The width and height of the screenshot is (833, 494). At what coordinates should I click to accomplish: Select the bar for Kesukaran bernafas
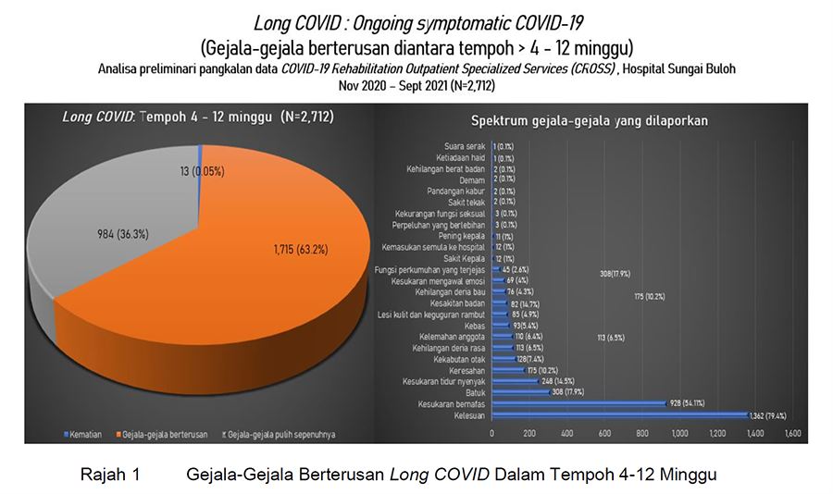(578, 402)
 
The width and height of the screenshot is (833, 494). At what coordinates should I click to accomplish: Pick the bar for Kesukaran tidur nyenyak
(514, 380)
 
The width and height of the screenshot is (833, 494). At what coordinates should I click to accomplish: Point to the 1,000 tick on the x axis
(679, 433)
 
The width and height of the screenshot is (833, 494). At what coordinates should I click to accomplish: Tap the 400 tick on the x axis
(566, 433)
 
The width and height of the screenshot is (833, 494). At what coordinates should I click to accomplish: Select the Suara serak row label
(465, 146)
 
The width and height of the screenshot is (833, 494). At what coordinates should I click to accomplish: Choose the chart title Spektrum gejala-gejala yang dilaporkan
(591, 120)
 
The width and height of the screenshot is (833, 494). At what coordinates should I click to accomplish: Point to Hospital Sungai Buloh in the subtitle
(690, 68)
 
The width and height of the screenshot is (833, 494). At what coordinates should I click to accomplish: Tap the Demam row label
(472, 179)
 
